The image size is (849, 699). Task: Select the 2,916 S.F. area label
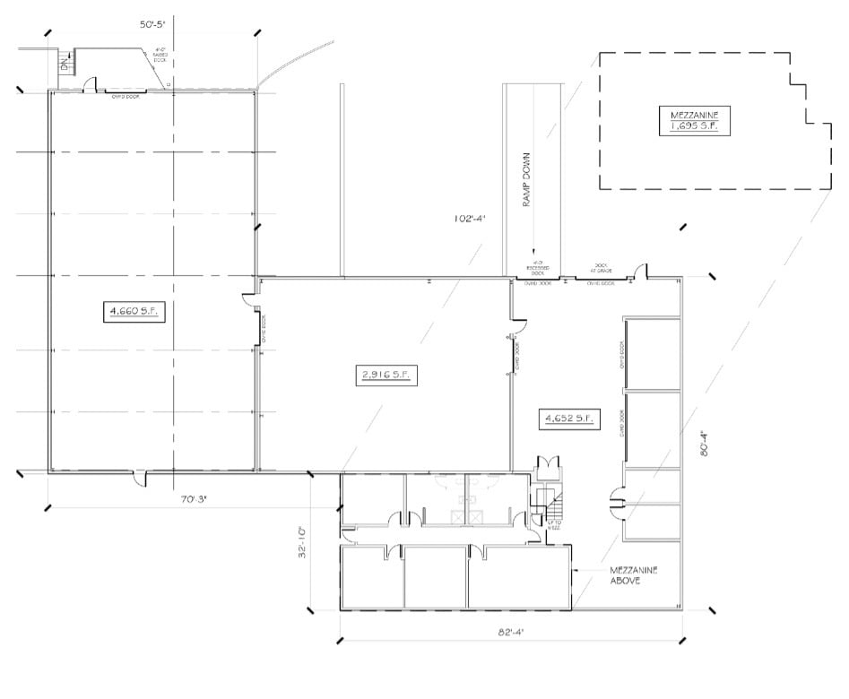pos(386,375)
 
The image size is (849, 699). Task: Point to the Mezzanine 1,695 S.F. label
pos(700,120)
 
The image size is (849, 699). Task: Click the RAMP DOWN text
pos(528,178)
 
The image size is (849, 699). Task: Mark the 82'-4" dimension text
pos(510,632)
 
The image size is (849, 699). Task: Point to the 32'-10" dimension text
pos(306,542)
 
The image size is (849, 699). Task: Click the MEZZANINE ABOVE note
pos(633,575)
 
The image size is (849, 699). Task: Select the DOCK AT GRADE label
pos(600,268)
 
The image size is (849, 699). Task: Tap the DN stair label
pos(64,64)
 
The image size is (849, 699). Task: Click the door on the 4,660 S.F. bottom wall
pos(140,479)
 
